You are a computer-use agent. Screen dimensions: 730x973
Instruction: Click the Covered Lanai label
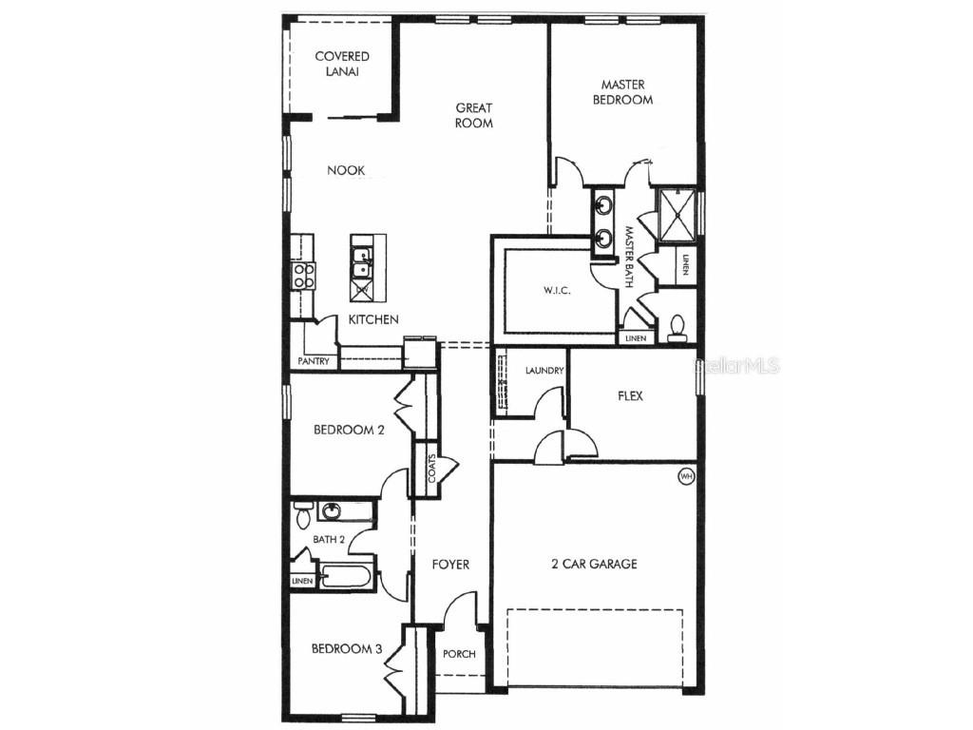point(342,65)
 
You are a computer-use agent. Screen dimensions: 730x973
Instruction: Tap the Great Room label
point(473,115)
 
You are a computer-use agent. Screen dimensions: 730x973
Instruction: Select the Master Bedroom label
point(623,91)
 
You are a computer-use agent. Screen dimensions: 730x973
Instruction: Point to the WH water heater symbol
point(685,475)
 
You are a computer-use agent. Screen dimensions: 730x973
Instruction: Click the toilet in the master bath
point(677,326)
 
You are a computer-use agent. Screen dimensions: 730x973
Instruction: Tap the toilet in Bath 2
point(302,516)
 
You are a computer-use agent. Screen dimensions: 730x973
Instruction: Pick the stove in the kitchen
point(303,275)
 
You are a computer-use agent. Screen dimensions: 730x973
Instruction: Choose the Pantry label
point(314,361)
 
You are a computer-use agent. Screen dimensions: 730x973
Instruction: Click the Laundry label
point(544,370)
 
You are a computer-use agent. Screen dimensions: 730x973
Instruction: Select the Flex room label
point(630,395)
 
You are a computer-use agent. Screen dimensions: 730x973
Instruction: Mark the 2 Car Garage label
point(594,564)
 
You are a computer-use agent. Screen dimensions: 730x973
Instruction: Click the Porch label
point(460,654)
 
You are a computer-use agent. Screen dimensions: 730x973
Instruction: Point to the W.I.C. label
point(557,291)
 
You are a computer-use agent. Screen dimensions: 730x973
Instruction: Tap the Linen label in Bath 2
point(302,581)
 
